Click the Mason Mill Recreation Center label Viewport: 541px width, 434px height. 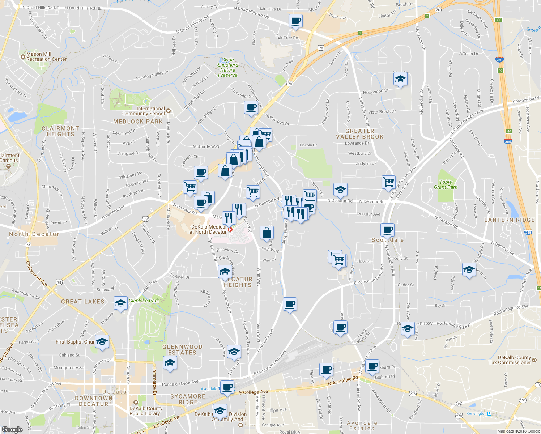(x=46, y=56)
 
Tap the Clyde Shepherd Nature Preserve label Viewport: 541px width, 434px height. (x=228, y=67)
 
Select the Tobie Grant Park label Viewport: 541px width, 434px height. (x=446, y=184)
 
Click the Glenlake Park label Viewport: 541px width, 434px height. (x=144, y=301)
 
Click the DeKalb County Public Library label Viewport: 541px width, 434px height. (x=146, y=411)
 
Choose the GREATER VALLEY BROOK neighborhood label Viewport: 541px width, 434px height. (x=359, y=134)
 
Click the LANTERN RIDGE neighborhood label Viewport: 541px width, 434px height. (x=509, y=220)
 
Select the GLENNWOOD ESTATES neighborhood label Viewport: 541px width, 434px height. (x=182, y=350)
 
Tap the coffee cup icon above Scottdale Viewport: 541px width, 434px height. (x=387, y=230)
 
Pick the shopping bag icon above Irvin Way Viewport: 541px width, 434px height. (x=267, y=233)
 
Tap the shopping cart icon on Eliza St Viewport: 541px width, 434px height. (x=339, y=260)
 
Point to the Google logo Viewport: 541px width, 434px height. (x=12, y=429)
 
